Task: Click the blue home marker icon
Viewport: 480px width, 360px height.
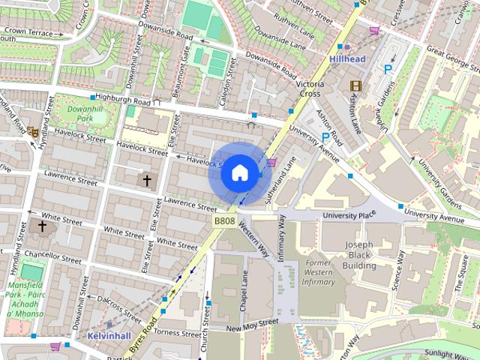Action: (x=238, y=173)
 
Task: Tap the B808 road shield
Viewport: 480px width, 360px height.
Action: (x=224, y=221)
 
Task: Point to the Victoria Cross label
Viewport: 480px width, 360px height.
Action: (x=310, y=89)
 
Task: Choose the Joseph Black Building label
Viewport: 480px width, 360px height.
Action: (x=359, y=256)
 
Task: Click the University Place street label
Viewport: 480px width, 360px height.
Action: (x=348, y=216)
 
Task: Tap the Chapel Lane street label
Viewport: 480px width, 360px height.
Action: (x=244, y=291)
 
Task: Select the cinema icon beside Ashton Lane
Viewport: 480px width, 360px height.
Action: (x=355, y=86)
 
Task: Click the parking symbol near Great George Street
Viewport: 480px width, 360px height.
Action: (x=388, y=69)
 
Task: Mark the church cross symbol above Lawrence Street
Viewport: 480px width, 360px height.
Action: (x=147, y=180)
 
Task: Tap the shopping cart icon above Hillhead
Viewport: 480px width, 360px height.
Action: (x=373, y=31)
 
